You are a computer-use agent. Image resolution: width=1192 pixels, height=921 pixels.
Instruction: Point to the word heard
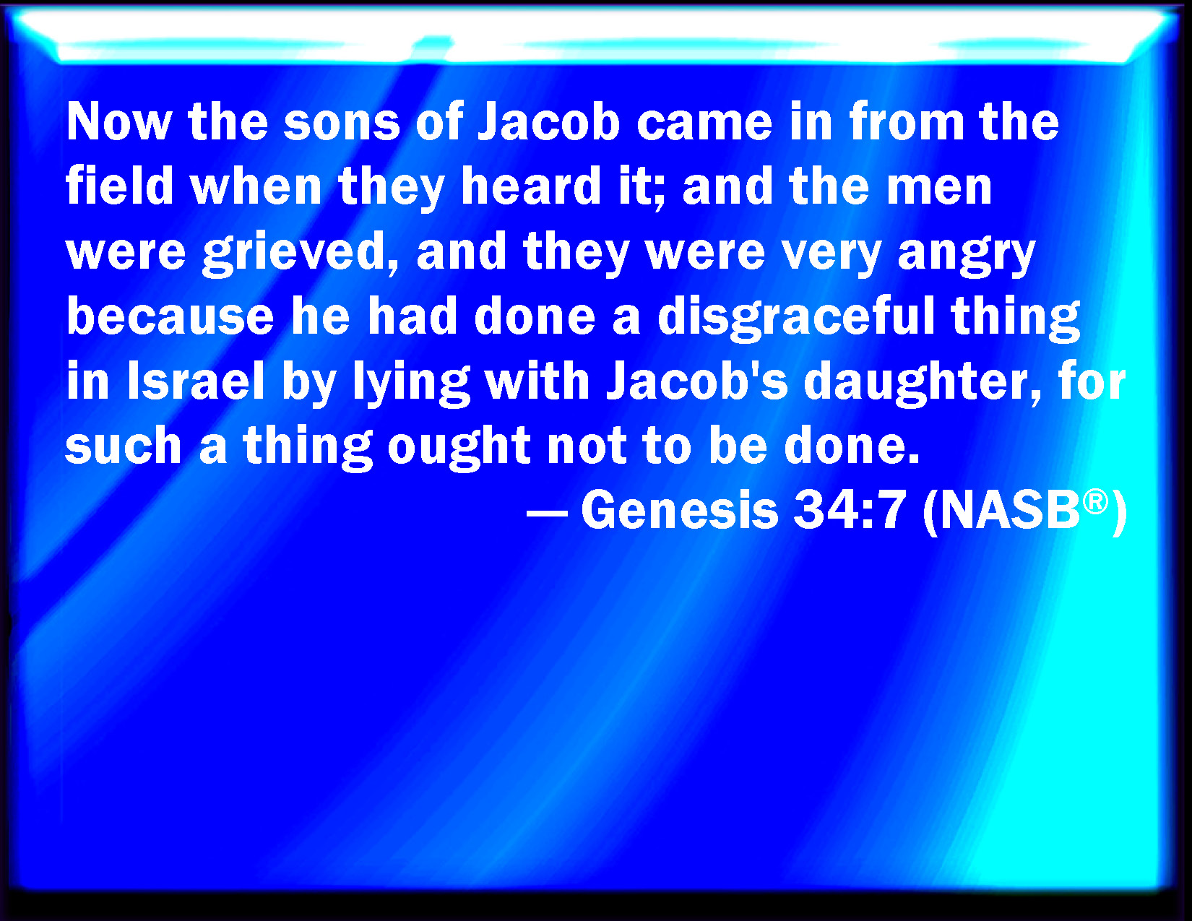coord(531,186)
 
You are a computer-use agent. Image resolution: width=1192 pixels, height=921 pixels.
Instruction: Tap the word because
coord(170,317)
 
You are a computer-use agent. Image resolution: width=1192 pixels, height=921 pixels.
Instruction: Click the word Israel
coord(196,381)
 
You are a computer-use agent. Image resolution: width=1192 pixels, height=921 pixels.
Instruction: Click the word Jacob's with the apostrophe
coord(697,381)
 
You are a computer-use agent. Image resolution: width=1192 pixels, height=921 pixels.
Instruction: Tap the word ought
coord(459,448)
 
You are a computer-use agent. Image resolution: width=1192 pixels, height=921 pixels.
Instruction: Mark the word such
coord(124,445)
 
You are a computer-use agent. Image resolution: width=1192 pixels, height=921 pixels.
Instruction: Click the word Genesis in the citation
coord(680,510)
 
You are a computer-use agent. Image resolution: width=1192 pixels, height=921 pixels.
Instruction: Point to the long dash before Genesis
coord(546,513)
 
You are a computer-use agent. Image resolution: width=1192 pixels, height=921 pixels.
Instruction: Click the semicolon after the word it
coord(660,194)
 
